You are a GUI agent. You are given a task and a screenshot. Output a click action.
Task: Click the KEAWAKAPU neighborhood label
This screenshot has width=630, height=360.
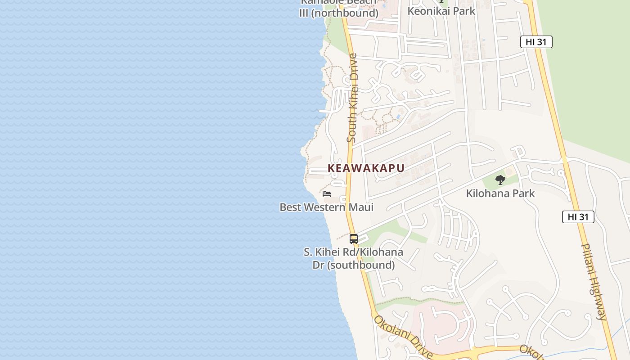tap(366, 168)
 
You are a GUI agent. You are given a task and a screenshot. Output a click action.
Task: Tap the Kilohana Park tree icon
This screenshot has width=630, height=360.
tap(500, 180)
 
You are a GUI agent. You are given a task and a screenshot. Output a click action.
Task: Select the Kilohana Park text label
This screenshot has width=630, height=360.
tap(500, 193)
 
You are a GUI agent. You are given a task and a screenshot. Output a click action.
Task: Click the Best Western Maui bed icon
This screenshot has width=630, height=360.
tap(327, 194)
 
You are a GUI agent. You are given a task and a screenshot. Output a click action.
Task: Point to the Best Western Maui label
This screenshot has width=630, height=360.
tap(326, 207)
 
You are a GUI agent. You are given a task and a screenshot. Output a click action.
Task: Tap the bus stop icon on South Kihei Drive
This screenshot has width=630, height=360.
tap(354, 239)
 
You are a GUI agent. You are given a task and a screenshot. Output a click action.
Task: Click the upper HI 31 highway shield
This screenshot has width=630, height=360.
tap(536, 42)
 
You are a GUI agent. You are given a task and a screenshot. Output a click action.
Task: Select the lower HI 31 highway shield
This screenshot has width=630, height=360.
tap(578, 217)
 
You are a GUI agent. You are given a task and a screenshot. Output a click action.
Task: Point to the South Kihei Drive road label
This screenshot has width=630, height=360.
tap(352, 98)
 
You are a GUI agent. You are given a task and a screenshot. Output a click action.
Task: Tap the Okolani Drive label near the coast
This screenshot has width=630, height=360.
tap(403, 336)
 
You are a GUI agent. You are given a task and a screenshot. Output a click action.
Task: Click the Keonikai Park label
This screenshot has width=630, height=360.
tap(441, 11)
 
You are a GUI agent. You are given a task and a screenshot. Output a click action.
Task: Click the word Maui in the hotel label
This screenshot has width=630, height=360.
tap(360, 207)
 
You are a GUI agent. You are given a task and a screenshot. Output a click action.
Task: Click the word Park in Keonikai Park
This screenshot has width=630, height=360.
tap(462, 11)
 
